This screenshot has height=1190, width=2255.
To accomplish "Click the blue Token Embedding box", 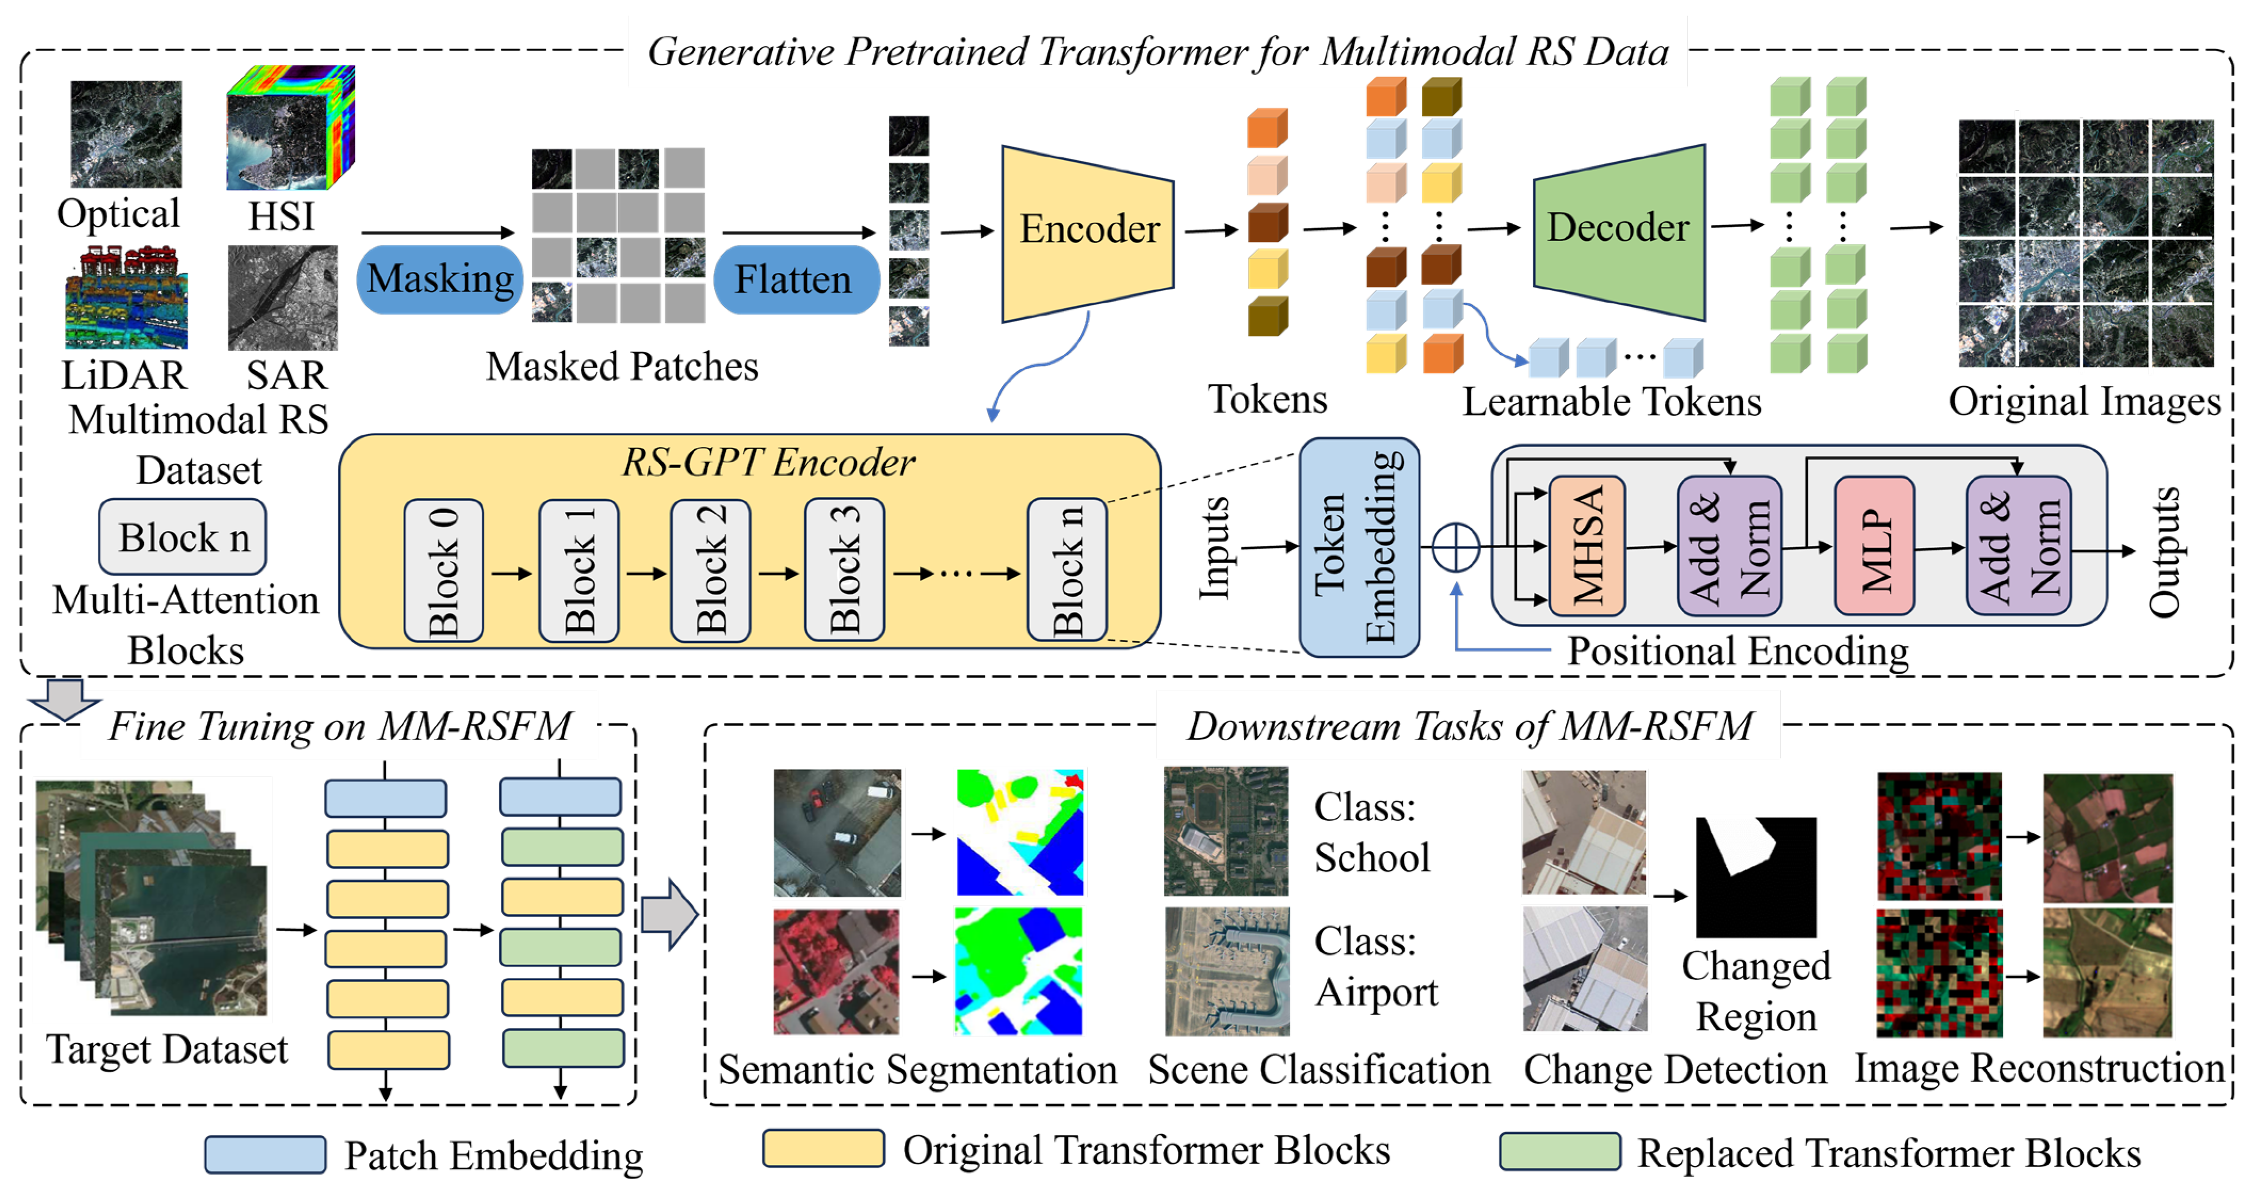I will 1359,547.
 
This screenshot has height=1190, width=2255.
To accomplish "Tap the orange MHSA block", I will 1586,546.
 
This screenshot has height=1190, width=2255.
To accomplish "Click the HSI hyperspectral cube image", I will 290,128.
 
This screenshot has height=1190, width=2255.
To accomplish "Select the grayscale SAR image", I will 283,297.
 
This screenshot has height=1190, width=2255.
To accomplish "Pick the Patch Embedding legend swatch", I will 265,1155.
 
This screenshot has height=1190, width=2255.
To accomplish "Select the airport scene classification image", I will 1226,971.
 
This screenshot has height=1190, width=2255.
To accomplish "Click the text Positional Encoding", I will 1737,652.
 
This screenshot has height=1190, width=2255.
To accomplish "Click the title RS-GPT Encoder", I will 767,462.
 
